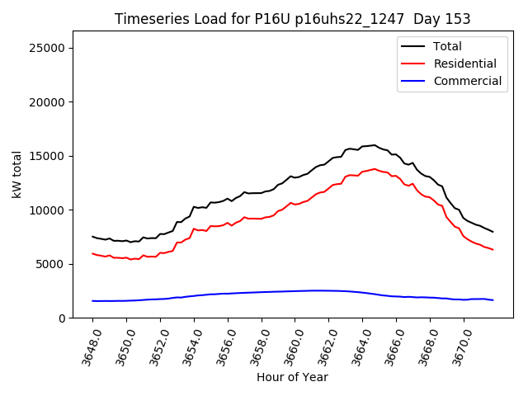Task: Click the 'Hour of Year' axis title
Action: (x=292, y=378)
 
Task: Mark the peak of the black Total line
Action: (x=375, y=145)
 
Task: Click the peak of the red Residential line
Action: (x=375, y=169)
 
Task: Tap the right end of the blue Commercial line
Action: (x=493, y=300)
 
